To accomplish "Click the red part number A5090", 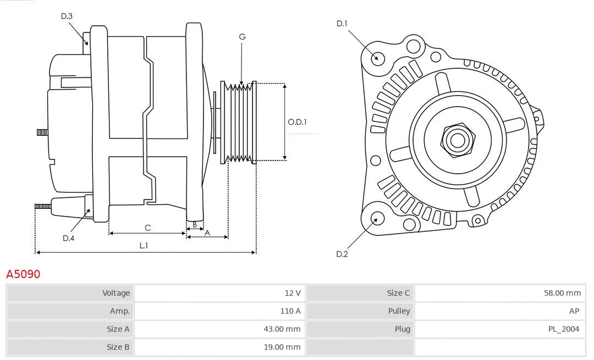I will click(x=23, y=274).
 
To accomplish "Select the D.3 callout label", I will click(x=67, y=16).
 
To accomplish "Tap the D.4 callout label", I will click(x=68, y=238).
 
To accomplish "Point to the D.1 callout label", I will click(x=342, y=23).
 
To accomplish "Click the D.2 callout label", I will click(x=342, y=254).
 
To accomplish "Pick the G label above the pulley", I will click(x=242, y=37).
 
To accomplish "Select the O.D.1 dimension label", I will click(x=297, y=122).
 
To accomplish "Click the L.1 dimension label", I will click(x=144, y=246).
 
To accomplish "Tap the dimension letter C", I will click(x=147, y=228).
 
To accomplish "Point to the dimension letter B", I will click(x=194, y=225).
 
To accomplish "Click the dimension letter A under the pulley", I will click(x=207, y=232).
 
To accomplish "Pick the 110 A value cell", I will click(x=290, y=311).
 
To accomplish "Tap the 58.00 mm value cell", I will click(x=562, y=293).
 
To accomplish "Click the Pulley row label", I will click(x=399, y=311).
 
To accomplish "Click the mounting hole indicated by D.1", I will click(x=377, y=58).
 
